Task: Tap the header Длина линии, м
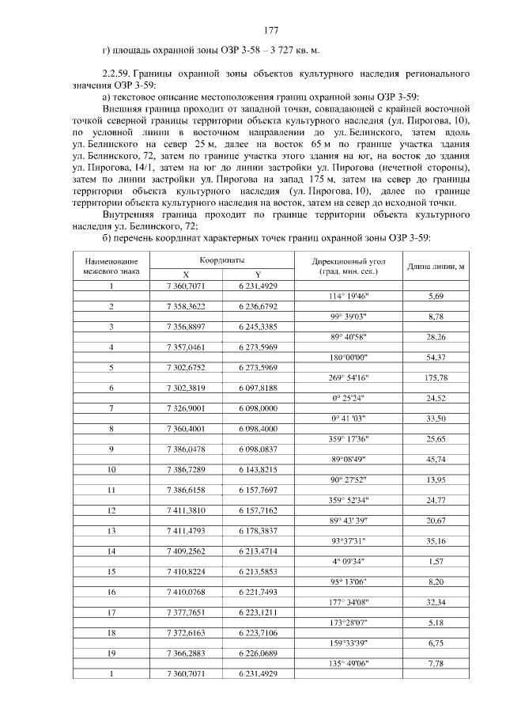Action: point(435,266)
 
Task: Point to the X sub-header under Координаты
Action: point(186,273)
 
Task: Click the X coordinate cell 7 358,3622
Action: point(187,305)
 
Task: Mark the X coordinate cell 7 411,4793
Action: point(187,531)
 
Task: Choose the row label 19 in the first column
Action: point(111,653)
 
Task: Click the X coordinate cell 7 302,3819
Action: point(187,388)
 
